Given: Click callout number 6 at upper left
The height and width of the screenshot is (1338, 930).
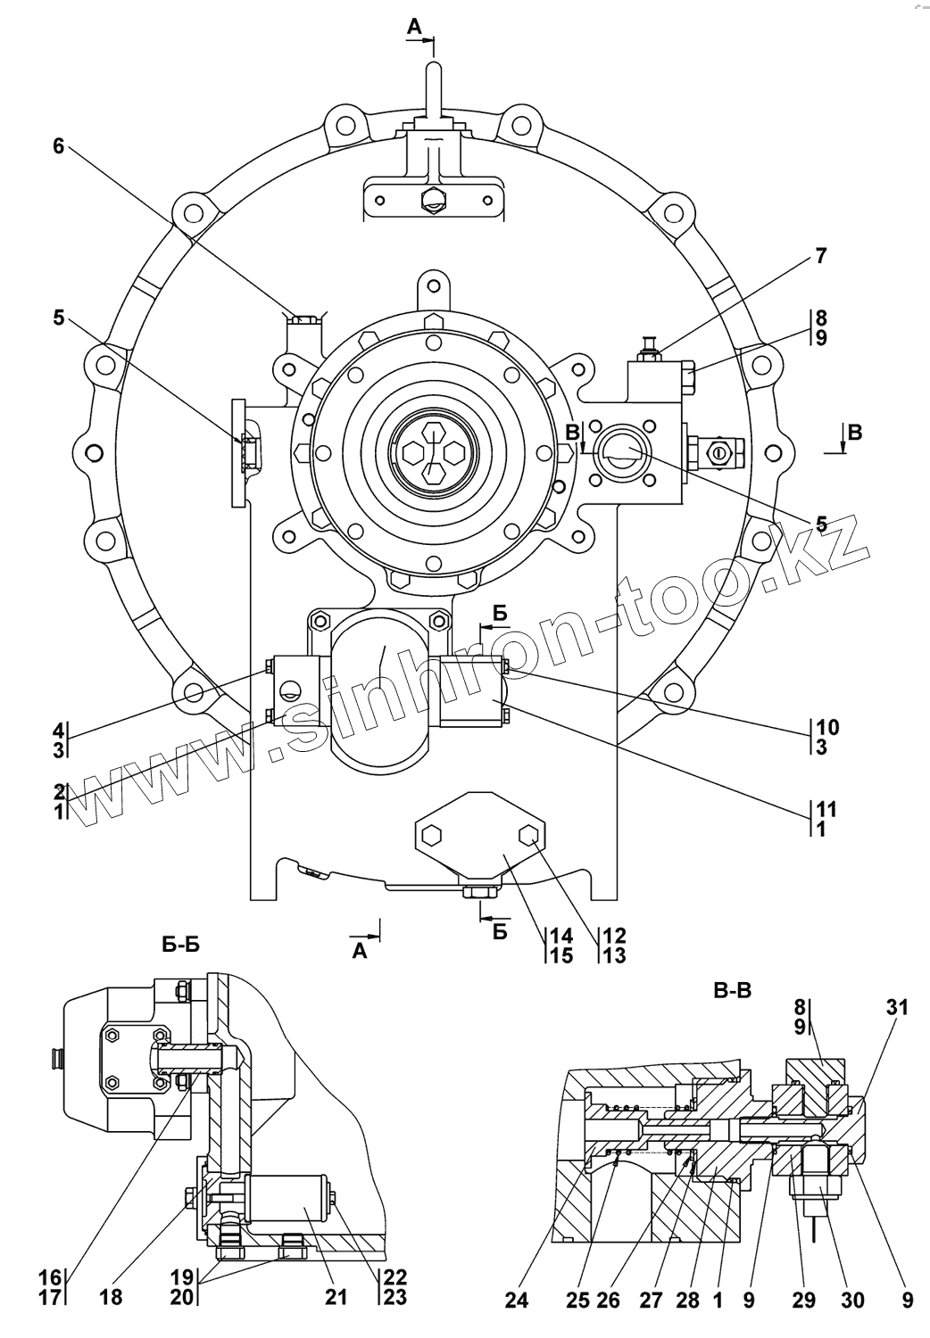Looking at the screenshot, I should point(58,146).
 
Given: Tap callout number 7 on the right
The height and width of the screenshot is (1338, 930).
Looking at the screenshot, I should point(820,257).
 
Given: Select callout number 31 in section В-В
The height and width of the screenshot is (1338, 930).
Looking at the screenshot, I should point(897,1008).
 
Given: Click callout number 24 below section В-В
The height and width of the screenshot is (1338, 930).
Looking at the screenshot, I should point(516,1301).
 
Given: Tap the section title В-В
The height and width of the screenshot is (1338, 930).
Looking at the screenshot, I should point(734,989).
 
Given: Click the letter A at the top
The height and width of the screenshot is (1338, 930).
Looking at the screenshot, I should point(414,29).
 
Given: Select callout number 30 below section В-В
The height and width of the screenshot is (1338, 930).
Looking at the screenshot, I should point(852,1301).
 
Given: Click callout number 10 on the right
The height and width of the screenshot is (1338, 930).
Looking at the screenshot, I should point(826,727).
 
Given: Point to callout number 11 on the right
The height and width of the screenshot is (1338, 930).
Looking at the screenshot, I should point(826,809).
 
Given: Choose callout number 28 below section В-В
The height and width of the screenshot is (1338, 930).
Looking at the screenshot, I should point(687,1301).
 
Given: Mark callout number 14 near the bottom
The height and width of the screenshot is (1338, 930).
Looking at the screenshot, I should point(561,936).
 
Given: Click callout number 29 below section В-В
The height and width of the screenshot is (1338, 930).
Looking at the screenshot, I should point(804,1301).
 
